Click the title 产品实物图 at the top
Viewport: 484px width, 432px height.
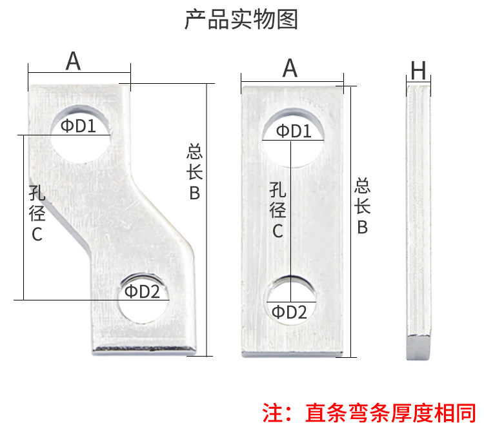[x=241, y=19]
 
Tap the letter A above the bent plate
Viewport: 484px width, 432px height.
[x=73, y=61]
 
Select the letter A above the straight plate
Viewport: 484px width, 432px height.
[x=290, y=68]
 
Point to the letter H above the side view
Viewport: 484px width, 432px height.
[x=418, y=70]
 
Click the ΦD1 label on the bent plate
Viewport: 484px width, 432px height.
[x=78, y=126]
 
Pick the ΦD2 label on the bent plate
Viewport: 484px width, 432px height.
[x=142, y=291]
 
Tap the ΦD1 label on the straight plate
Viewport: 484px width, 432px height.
[x=294, y=131]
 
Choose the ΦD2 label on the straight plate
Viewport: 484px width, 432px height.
[x=289, y=312]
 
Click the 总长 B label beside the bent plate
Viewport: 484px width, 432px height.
[x=194, y=172]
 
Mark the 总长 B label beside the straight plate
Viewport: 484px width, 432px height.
[x=363, y=206]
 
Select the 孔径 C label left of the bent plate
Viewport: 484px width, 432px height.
[x=37, y=213]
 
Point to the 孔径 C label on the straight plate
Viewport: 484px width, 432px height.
[x=277, y=210]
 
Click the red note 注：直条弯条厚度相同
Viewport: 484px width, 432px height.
[x=369, y=413]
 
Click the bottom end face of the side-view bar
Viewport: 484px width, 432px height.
[x=418, y=348]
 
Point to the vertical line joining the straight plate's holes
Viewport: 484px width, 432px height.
[x=291, y=221]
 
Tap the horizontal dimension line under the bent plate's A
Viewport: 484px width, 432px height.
[x=79, y=73]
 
